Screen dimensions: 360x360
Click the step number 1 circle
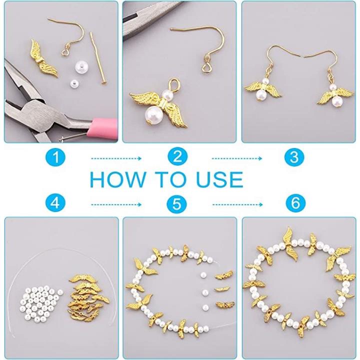click(x=55, y=157)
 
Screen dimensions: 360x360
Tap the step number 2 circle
click(x=177, y=157)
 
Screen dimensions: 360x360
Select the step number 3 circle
click(x=294, y=157)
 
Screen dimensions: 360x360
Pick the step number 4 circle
click(x=55, y=203)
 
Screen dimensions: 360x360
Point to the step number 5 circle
click(x=176, y=203)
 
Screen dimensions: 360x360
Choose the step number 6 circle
click(x=295, y=203)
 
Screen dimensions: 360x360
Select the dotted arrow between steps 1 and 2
click(x=116, y=158)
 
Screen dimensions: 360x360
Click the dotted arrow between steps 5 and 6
click(x=237, y=204)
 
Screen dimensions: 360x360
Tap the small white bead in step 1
click(x=73, y=83)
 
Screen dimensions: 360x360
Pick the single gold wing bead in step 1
click(x=43, y=58)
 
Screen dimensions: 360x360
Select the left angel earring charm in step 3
click(x=263, y=90)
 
